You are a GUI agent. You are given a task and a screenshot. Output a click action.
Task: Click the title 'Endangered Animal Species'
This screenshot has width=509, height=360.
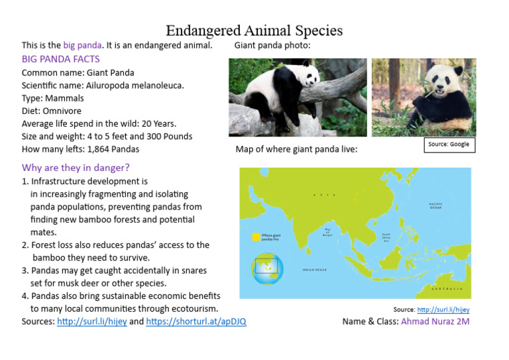[254, 30]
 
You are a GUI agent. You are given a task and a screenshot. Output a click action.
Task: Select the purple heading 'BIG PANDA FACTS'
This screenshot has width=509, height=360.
[61, 59]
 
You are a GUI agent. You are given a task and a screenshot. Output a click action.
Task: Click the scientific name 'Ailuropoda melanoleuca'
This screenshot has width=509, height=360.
[135, 85]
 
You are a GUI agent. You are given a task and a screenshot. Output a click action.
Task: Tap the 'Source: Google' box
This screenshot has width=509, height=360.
[449, 145]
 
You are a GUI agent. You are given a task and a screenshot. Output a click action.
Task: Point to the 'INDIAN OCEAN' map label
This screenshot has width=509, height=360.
[315, 270]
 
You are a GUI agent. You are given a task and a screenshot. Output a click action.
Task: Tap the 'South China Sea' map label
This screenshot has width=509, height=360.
[386, 237]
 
